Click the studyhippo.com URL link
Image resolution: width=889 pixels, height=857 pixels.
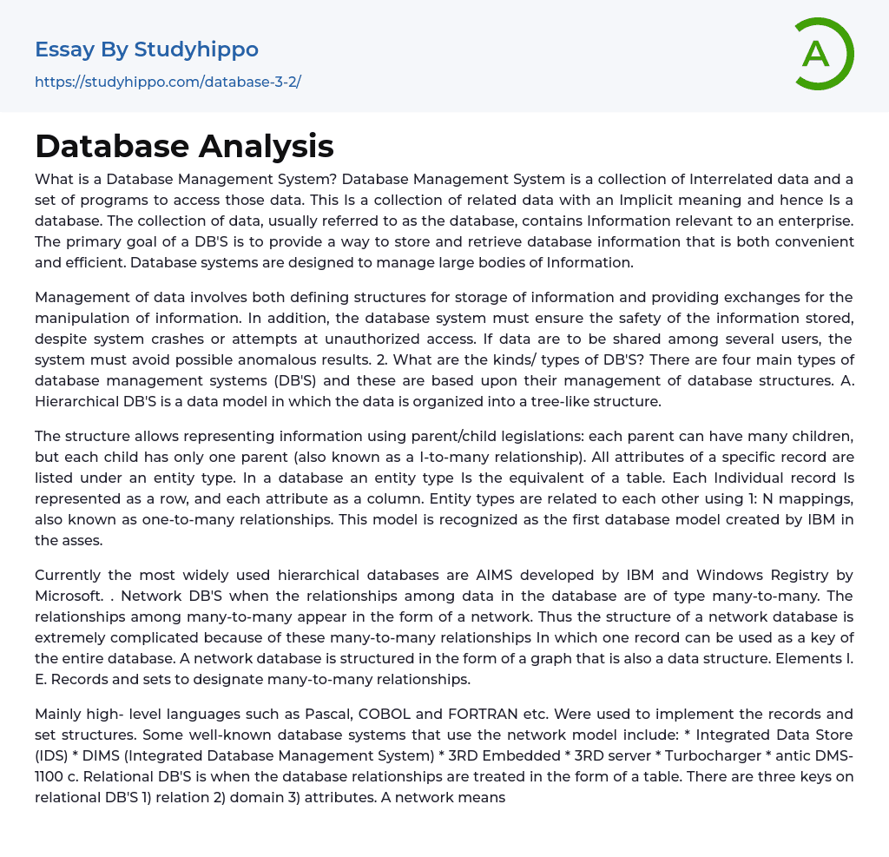tap(168, 82)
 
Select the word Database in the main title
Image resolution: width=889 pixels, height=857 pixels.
tap(109, 146)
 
